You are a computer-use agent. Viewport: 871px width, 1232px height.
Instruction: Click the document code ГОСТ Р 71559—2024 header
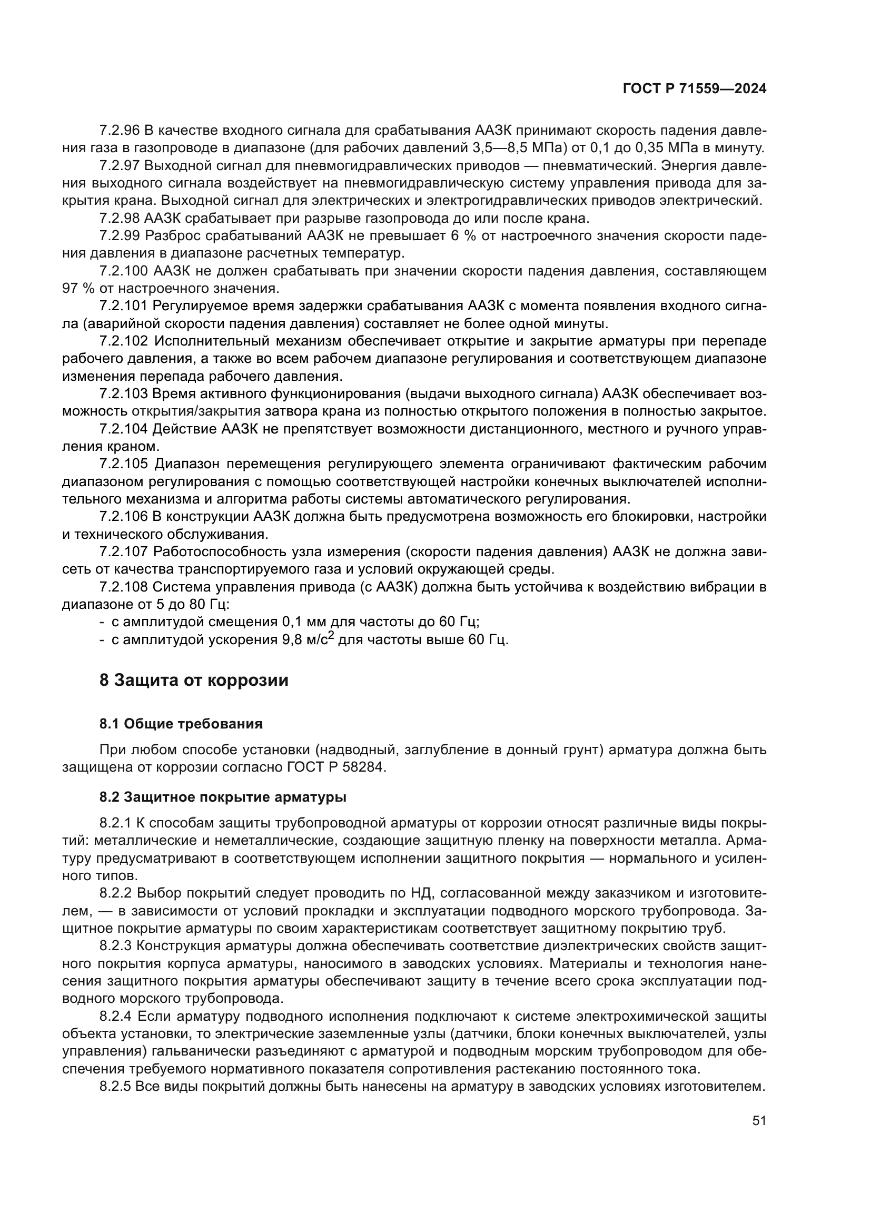click(694, 89)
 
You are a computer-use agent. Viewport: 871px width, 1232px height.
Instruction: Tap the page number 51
click(759, 1120)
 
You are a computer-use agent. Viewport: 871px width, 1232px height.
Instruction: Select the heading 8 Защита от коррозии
click(194, 680)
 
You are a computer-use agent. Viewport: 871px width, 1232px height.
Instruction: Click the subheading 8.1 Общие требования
click(181, 724)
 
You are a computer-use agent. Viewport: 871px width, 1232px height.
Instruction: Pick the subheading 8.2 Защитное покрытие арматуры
click(223, 797)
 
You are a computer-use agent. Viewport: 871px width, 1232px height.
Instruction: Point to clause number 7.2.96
click(119, 130)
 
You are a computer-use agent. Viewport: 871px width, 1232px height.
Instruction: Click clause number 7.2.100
click(123, 270)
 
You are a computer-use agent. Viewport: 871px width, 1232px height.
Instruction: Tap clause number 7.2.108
click(123, 586)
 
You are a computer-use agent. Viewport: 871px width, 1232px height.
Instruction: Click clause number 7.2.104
click(123, 429)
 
